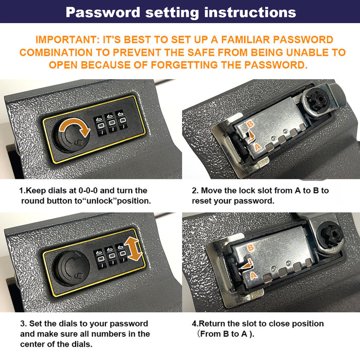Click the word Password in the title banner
pyautogui.click(x=103, y=12)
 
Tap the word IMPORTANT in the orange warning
pyautogui.click(x=67, y=40)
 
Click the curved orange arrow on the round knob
pyautogui.click(x=75, y=128)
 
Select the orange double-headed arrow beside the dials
pyautogui.click(x=133, y=249)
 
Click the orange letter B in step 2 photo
pyautogui.click(x=250, y=124)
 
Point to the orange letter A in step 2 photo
pyautogui.click(x=258, y=147)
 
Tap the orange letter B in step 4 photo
pyautogui.click(x=250, y=248)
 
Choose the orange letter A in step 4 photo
pyautogui.click(x=254, y=275)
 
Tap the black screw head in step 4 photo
pyautogui.click(x=331, y=235)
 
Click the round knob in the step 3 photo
pyautogui.click(x=71, y=268)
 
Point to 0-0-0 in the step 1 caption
pyautogui.click(x=88, y=191)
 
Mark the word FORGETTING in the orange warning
pyautogui.click(x=184, y=65)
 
